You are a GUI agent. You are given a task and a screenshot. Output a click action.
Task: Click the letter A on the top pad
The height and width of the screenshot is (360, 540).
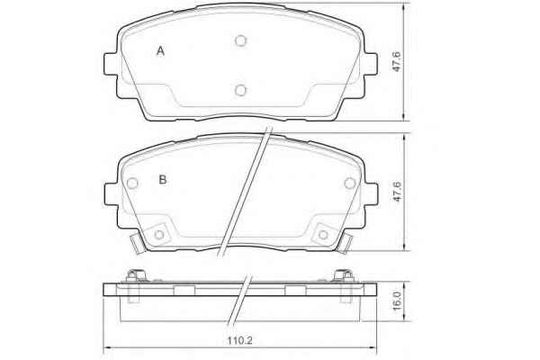[x=160, y=51]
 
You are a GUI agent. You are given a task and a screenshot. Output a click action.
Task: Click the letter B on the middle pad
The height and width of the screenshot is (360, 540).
[x=163, y=179]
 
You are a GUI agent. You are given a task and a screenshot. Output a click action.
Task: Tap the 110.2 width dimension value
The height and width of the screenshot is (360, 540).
[x=240, y=340]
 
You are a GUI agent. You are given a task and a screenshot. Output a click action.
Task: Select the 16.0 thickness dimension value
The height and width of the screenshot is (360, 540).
[x=397, y=301]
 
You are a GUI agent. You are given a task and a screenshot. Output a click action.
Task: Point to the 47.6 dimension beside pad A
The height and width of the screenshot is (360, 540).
[x=397, y=62]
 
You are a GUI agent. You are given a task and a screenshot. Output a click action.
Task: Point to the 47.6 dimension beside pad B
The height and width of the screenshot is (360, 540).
[x=397, y=191]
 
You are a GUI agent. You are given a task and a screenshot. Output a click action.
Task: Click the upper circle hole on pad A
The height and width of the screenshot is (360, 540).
[x=240, y=41]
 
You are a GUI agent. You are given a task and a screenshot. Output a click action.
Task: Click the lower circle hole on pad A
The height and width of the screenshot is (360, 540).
[x=240, y=90]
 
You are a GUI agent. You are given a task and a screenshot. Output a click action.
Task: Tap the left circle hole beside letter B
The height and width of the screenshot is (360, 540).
[x=132, y=183]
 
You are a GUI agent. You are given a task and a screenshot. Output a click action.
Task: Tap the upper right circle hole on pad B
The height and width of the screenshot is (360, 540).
[x=350, y=183]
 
